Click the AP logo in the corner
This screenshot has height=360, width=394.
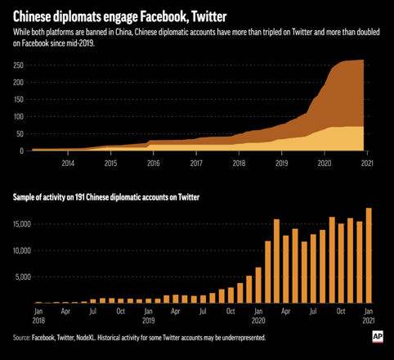point(378,335)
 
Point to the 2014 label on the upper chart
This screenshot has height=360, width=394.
point(68,164)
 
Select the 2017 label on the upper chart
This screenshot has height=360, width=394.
point(196,164)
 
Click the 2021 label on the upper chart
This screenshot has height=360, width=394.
point(367,164)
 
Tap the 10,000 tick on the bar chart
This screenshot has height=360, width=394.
point(19,250)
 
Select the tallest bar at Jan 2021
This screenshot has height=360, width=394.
point(369,255)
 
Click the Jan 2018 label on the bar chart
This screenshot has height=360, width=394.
point(38,316)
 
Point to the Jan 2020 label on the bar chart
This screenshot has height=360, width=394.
point(258,316)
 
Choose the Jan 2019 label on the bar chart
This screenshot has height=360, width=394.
point(148,316)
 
